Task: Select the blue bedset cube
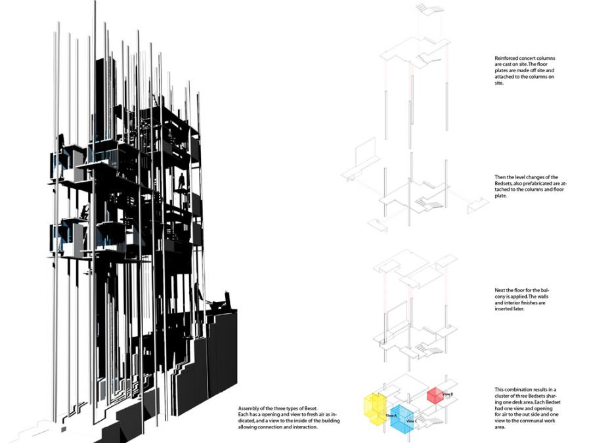(403, 417)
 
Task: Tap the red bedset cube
(435, 396)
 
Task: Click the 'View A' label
(392, 416)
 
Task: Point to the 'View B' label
(449, 394)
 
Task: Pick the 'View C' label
(412, 421)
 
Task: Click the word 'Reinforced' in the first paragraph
(508, 58)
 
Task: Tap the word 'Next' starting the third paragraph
(500, 289)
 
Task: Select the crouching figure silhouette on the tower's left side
(84, 211)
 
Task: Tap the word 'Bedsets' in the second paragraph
(505, 183)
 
